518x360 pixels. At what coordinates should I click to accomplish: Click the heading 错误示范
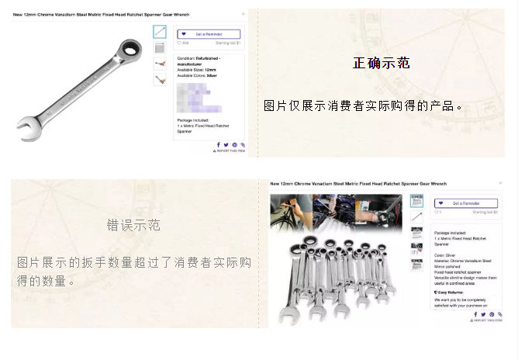[133, 226]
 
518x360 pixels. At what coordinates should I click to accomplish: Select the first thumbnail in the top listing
[160, 32]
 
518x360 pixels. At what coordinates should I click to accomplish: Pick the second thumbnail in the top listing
[160, 47]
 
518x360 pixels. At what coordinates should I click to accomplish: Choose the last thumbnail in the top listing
[160, 78]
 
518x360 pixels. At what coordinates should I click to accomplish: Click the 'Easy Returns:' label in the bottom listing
[451, 292]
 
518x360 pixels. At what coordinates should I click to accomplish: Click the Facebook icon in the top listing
[218, 144]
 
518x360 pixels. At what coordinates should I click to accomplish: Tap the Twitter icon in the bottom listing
[480, 314]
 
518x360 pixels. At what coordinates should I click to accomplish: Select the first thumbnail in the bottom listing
[416, 201]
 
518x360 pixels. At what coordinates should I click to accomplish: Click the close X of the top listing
[243, 13]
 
